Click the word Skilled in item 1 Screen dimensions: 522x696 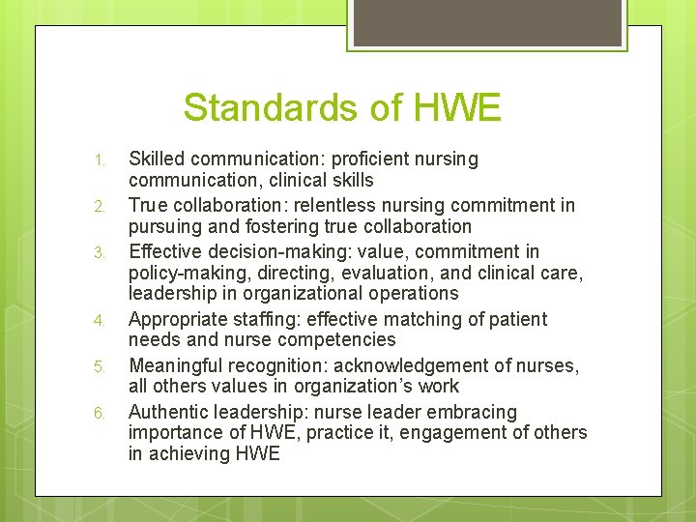pyautogui.click(x=156, y=159)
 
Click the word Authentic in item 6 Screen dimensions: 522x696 pyautogui.click(x=169, y=412)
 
